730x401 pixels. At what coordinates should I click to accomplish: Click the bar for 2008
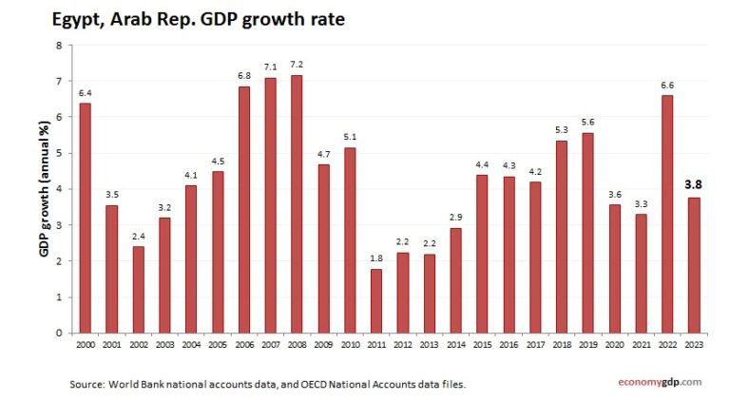click(298, 204)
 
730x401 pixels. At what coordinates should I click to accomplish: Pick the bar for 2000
click(86, 218)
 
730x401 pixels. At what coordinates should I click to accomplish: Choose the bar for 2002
click(139, 290)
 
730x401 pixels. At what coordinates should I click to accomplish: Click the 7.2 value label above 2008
click(298, 64)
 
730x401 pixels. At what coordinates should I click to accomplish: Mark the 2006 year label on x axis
click(244, 346)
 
